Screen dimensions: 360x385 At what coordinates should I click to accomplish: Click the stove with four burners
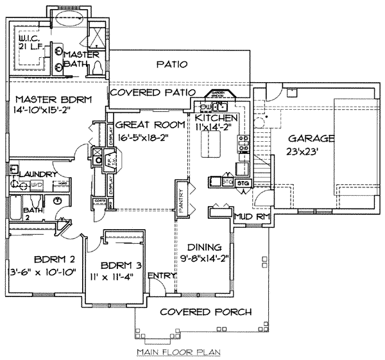coord(244,148)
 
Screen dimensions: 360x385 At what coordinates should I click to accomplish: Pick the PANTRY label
coord(181,198)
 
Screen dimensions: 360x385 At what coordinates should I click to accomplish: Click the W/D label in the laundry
coord(37,185)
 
